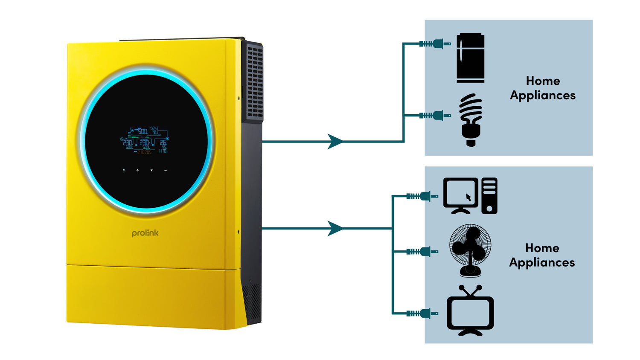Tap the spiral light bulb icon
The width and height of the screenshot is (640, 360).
click(x=471, y=119)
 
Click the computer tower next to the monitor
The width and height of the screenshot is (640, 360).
click(x=489, y=196)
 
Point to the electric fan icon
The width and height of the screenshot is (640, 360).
click(x=470, y=250)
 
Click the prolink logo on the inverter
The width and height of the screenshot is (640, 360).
click(x=145, y=233)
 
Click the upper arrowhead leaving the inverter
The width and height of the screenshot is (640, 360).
click(x=335, y=141)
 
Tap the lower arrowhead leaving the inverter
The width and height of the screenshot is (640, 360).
click(x=335, y=228)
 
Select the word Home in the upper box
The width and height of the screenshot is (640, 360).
click(x=543, y=81)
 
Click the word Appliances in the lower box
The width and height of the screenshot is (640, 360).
click(x=542, y=262)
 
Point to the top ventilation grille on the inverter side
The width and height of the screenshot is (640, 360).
click(x=255, y=81)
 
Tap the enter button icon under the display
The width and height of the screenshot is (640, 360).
click(x=166, y=170)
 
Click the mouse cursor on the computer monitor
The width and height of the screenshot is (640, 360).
click(x=468, y=197)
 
